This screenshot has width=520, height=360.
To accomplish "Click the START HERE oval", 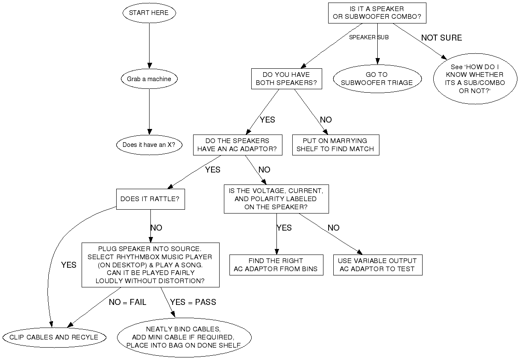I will pos(149,13).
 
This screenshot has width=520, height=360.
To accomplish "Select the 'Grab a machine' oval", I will pos(149,79).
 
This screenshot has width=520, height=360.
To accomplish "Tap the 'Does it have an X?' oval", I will pos(149,145).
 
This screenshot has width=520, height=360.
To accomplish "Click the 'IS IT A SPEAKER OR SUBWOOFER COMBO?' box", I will pos(377,13).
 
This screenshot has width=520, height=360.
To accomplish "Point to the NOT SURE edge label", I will pos(441,38).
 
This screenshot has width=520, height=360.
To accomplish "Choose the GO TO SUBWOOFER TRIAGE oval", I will pos(377,79).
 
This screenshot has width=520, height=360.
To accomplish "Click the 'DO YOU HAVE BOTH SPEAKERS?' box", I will pos(286,79).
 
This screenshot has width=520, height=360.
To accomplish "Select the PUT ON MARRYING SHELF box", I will pos(335,145).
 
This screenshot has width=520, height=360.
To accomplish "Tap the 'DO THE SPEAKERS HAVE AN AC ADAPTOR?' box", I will pos(238,145).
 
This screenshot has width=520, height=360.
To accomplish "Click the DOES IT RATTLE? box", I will pos(150,199).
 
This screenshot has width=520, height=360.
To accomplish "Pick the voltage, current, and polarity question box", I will pos(276,199).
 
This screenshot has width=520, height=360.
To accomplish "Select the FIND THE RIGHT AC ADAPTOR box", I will pos(276,265).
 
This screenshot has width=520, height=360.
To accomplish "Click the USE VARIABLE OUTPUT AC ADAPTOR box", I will pos(377,265).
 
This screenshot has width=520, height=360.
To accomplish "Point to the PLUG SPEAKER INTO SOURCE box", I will pos(150,265).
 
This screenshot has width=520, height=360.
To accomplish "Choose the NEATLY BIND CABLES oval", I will pos(184,337).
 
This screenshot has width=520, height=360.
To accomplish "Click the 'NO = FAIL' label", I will pos(127,302).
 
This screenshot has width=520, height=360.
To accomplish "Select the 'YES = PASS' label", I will pos(193,302).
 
